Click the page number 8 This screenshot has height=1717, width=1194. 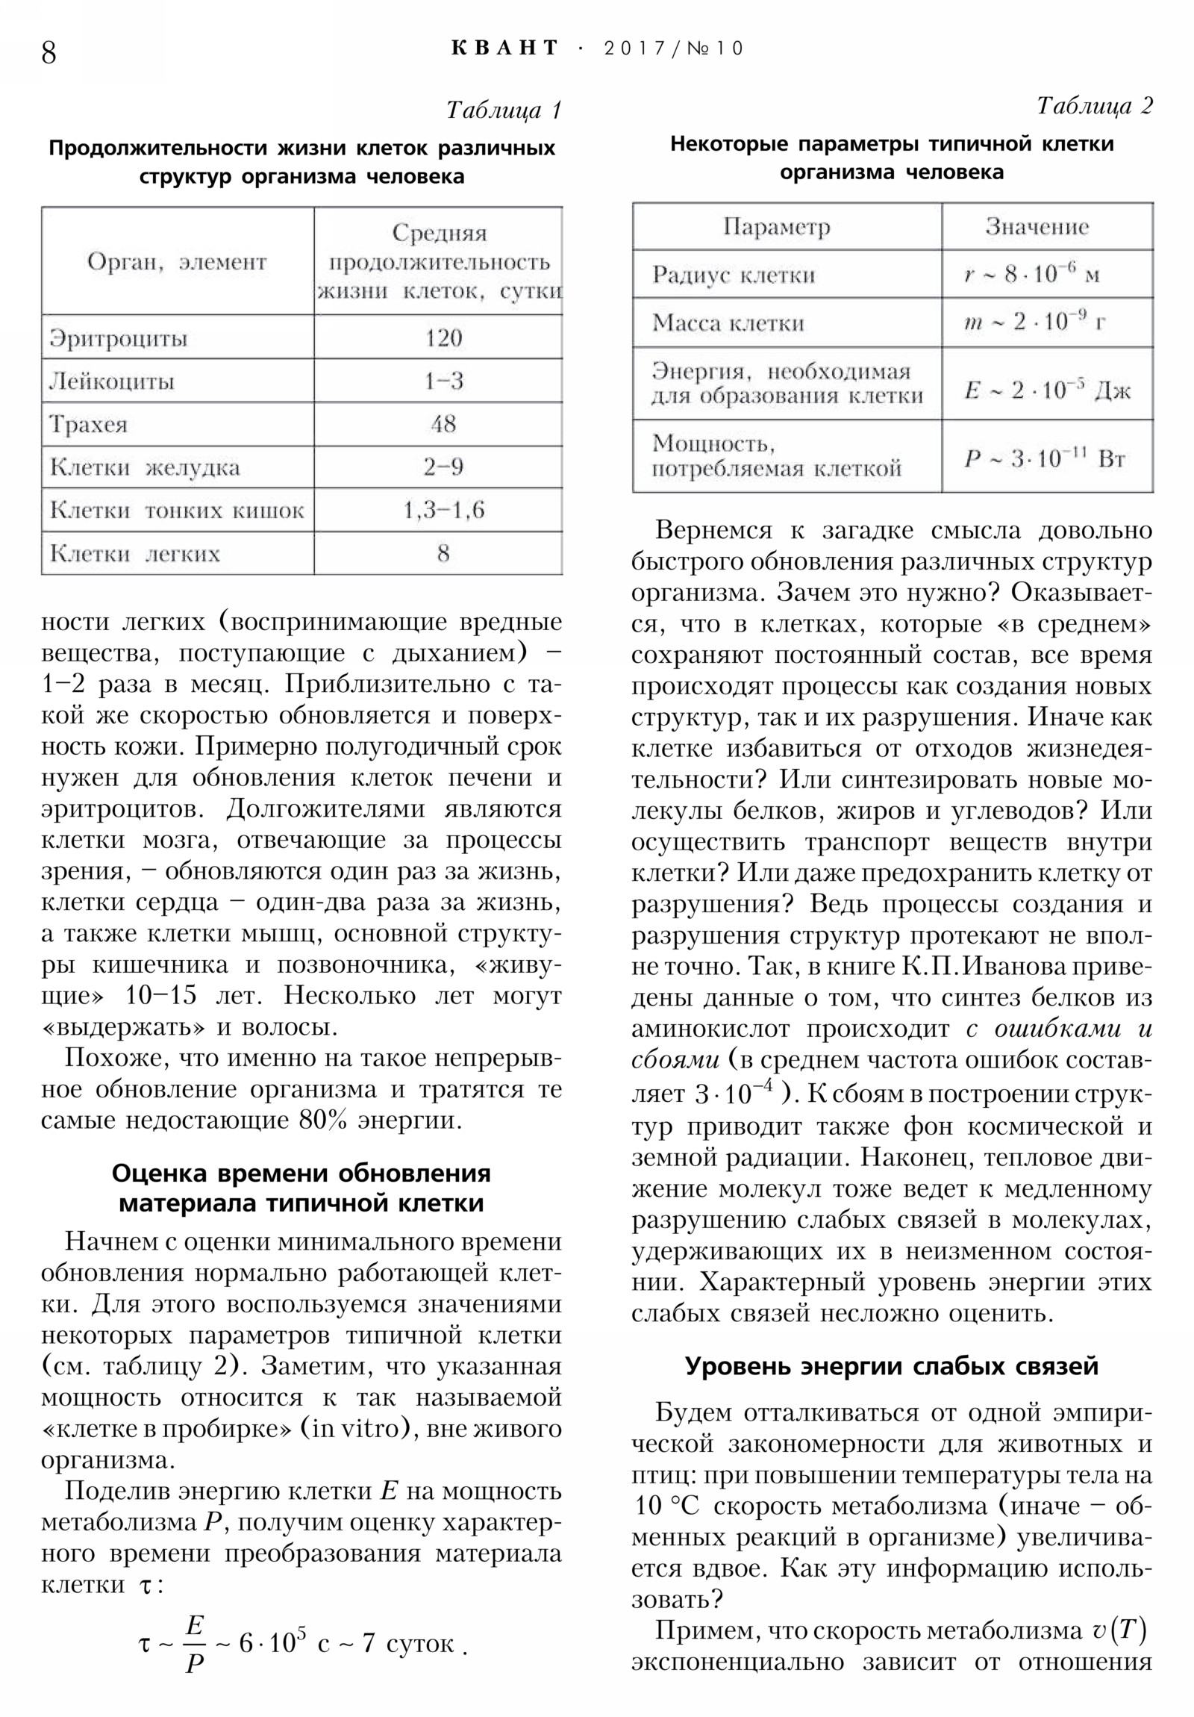pyautogui.click(x=49, y=53)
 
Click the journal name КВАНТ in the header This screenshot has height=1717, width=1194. pyautogui.click(x=505, y=49)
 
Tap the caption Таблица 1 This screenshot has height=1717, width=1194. pyautogui.click(x=503, y=110)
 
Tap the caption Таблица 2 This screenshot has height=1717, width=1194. pyautogui.click(x=1095, y=105)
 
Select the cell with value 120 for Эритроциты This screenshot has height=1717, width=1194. pyautogui.click(x=443, y=338)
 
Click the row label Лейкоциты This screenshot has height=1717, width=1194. pyautogui.click(x=111, y=382)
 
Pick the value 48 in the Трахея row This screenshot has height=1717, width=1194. pyautogui.click(x=443, y=424)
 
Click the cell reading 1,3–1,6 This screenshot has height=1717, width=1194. pyautogui.click(x=443, y=510)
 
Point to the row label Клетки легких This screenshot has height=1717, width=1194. pyautogui.click(x=134, y=554)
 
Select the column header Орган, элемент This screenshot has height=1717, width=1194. pyautogui.click(x=177, y=262)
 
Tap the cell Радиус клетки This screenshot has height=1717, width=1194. pyautogui.click(x=733, y=275)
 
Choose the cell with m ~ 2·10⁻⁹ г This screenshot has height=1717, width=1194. pyautogui.click(x=1035, y=322)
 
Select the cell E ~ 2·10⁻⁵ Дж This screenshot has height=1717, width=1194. pyautogui.click(x=1047, y=390)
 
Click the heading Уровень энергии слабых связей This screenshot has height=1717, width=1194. pyautogui.click(x=891, y=1366)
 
